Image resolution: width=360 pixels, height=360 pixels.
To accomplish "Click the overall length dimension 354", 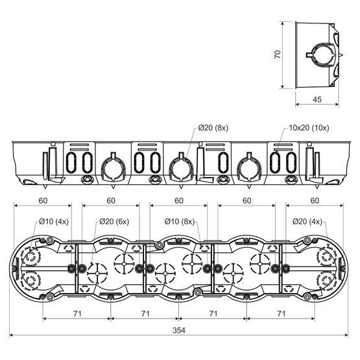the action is [x=179, y=330].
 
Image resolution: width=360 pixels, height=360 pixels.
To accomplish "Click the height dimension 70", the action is [x=278, y=54].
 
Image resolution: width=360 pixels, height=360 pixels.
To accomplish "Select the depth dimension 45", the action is [x=317, y=99].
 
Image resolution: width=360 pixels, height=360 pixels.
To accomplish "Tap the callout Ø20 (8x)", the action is [x=213, y=128].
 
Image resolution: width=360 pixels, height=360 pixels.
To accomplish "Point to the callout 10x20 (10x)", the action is [x=309, y=128].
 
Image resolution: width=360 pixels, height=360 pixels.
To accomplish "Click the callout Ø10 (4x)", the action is [x=54, y=222].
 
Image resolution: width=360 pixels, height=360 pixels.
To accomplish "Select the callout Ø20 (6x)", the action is [x=114, y=222].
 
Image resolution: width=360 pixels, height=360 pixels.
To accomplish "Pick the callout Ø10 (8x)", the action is [x=180, y=222].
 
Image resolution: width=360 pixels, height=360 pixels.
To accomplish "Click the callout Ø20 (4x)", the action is [x=307, y=222].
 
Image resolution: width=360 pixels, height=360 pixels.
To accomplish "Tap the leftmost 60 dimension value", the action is [x=43, y=200].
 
